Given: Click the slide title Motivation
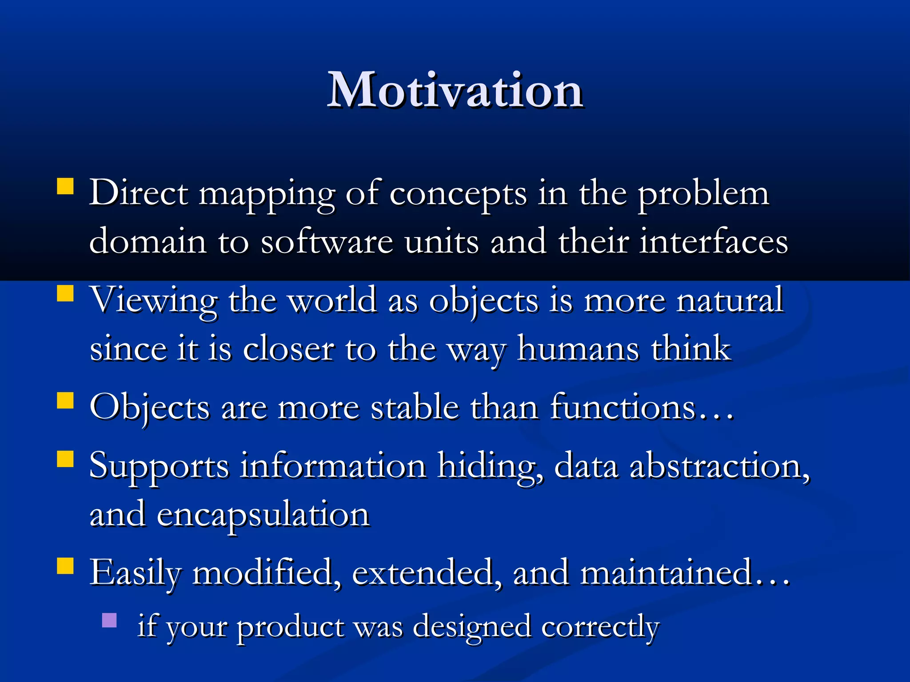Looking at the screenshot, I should coord(455,91).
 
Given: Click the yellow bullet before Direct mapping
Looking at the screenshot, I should coord(65,186).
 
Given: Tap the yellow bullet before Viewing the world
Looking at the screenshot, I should coord(65,293).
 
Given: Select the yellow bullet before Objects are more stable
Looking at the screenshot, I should coord(65,400).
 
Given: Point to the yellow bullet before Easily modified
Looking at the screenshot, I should coord(65,566).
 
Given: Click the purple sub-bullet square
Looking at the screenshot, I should coord(109,620).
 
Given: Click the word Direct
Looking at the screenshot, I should coord(139,193).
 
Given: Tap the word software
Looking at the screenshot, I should coord(327,242).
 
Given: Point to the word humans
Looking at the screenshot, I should coord(578,349).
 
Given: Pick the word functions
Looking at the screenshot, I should coord(622,407).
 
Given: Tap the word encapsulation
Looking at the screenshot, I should coord(263,515).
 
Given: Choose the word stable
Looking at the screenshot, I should coord(415,407).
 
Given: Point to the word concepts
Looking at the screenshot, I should coord(458,194).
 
